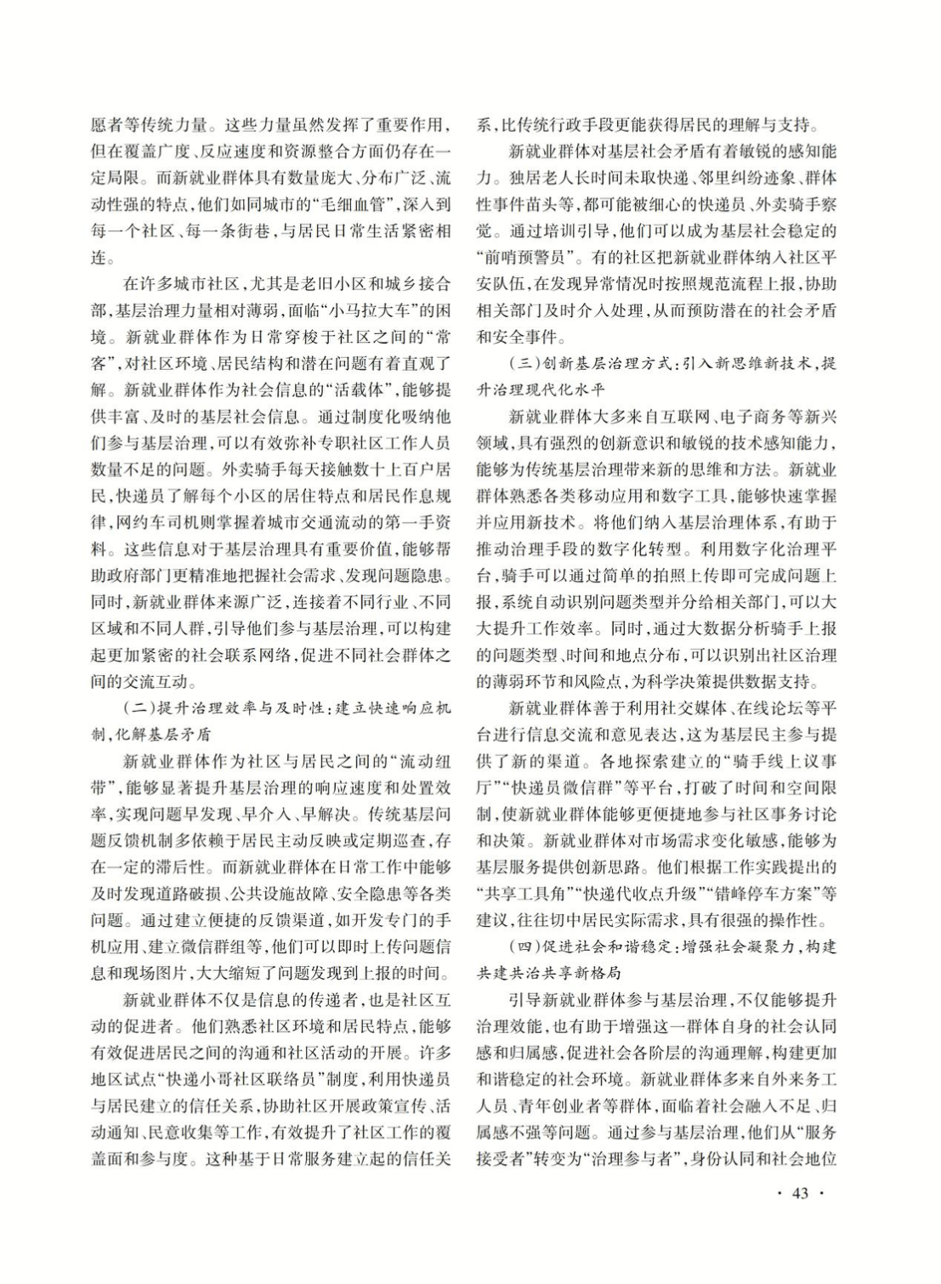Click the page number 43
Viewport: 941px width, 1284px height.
[799, 1193]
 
